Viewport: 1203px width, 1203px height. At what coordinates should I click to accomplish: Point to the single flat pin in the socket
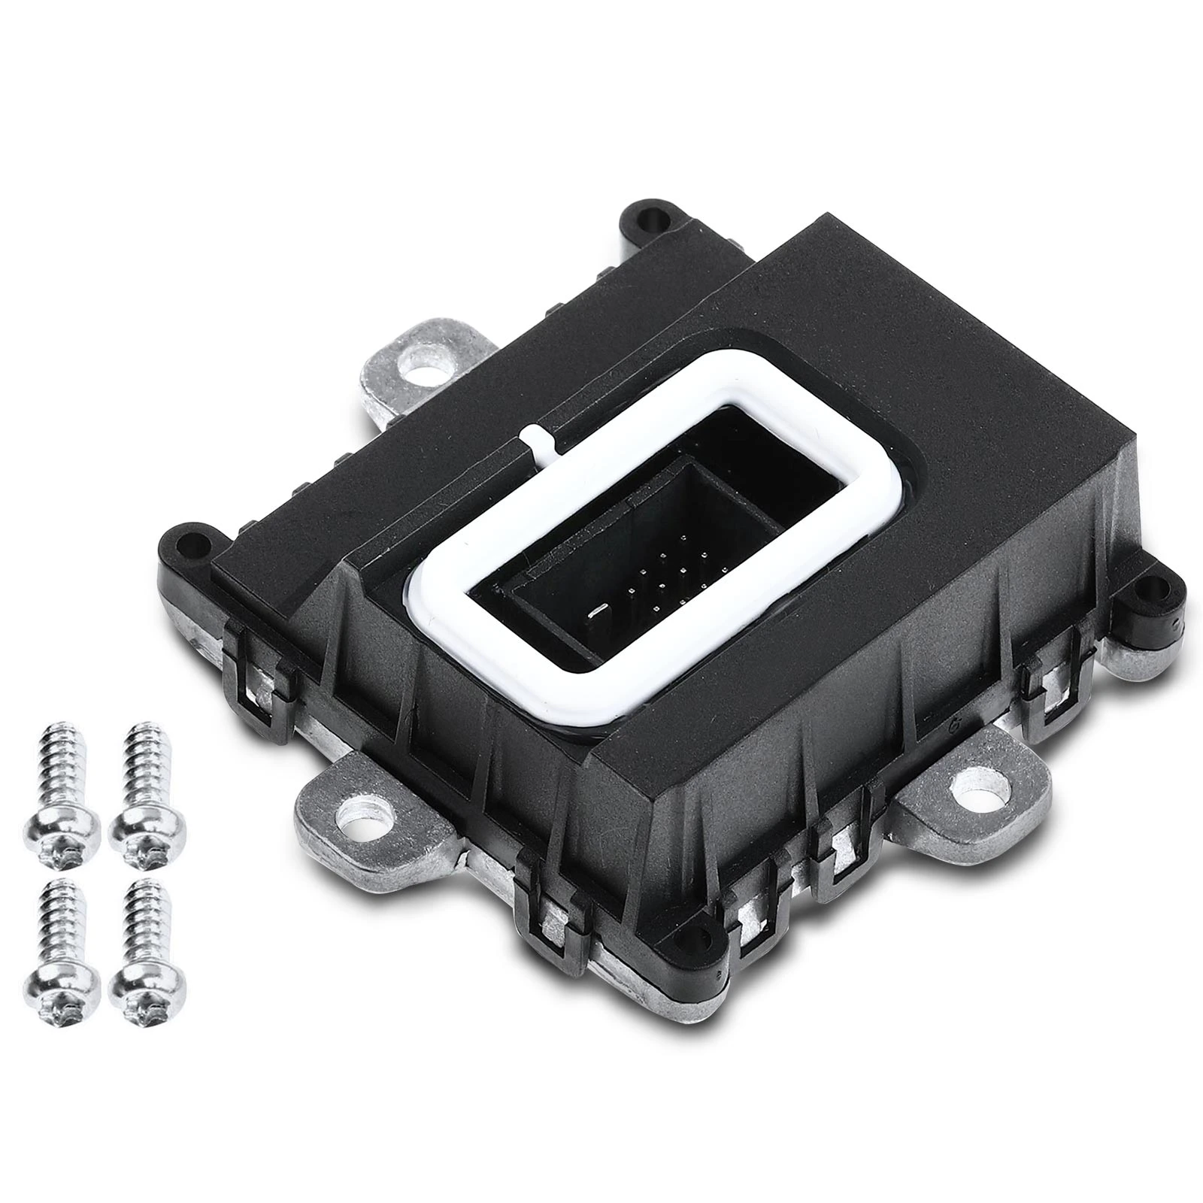tap(598, 608)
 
